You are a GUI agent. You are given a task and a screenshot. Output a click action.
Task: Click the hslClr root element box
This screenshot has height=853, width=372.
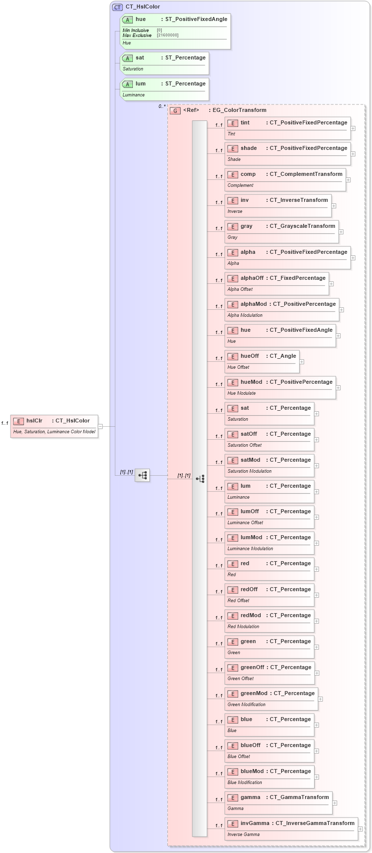(x=54, y=426)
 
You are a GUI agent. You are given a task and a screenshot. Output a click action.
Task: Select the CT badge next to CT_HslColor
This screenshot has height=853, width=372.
(x=117, y=7)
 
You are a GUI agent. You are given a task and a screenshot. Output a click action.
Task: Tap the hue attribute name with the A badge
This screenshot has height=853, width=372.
(x=141, y=19)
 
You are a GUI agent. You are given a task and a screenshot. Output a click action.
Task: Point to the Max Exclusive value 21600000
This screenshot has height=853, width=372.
(x=168, y=35)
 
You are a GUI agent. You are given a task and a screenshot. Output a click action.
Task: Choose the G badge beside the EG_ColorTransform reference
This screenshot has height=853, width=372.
(x=175, y=110)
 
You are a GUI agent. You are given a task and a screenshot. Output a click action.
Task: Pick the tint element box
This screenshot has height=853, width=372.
(x=288, y=128)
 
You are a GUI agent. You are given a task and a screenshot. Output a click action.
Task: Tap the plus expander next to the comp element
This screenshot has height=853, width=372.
(x=348, y=180)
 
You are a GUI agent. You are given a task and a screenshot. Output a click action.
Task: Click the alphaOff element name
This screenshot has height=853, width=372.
(x=252, y=278)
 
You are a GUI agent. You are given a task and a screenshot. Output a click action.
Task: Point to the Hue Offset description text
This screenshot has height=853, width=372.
(x=239, y=367)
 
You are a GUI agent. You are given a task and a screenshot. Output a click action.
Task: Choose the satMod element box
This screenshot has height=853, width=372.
(x=270, y=465)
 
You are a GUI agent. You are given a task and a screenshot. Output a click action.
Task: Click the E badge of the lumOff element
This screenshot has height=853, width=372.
(x=233, y=512)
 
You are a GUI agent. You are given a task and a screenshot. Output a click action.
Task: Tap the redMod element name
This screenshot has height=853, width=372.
(x=251, y=616)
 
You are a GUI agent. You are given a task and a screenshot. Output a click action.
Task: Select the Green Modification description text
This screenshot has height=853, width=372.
(x=247, y=705)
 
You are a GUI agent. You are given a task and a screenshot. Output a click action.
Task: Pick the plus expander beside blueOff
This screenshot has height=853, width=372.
(x=317, y=751)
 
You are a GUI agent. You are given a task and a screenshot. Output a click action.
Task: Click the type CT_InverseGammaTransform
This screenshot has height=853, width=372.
(x=315, y=824)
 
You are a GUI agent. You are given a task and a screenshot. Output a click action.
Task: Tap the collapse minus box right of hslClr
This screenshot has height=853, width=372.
(x=100, y=426)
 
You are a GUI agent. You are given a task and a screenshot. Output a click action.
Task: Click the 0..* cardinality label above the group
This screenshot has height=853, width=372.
(x=162, y=106)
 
